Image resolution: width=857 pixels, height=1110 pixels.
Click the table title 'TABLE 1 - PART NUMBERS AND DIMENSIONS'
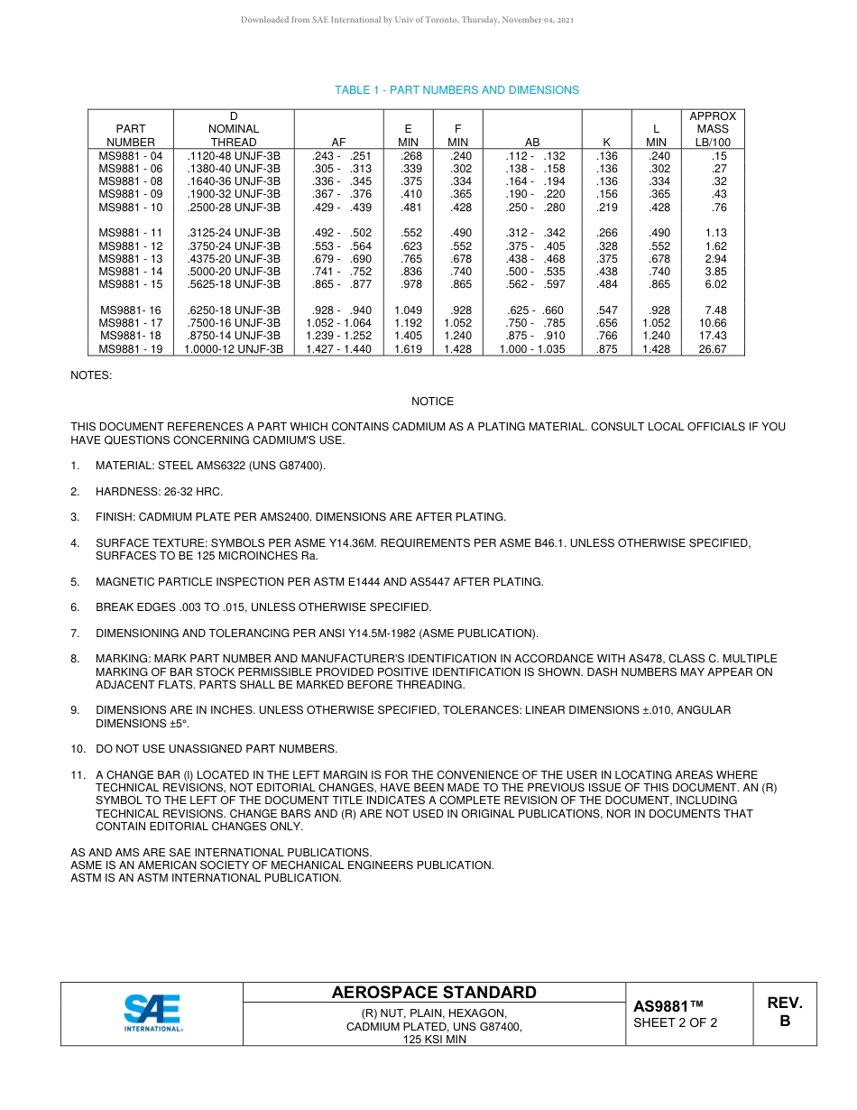[x=456, y=90]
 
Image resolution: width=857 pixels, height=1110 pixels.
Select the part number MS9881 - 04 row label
[x=130, y=156]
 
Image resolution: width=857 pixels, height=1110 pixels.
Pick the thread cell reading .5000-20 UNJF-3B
[x=234, y=272]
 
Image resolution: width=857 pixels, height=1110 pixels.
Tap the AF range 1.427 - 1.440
[x=338, y=349]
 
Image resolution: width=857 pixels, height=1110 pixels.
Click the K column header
[x=607, y=143]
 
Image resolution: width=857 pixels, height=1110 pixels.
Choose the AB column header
[x=532, y=143]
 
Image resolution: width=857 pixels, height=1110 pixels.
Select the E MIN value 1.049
[x=408, y=310]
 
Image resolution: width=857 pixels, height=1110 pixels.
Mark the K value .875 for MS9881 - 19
[x=607, y=349]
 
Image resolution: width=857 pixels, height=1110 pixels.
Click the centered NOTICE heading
[x=432, y=402]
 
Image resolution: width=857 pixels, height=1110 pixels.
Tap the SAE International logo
[x=152, y=1013]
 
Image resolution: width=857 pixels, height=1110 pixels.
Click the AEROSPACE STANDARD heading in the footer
[x=434, y=993]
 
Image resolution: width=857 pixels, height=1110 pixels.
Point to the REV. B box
[x=784, y=1013]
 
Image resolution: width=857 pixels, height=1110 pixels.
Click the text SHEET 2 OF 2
[x=675, y=1023]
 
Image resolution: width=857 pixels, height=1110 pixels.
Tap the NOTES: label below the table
[x=91, y=375]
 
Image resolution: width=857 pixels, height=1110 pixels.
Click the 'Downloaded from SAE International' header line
[x=407, y=20]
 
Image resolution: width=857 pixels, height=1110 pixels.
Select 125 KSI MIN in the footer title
[x=434, y=1040]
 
